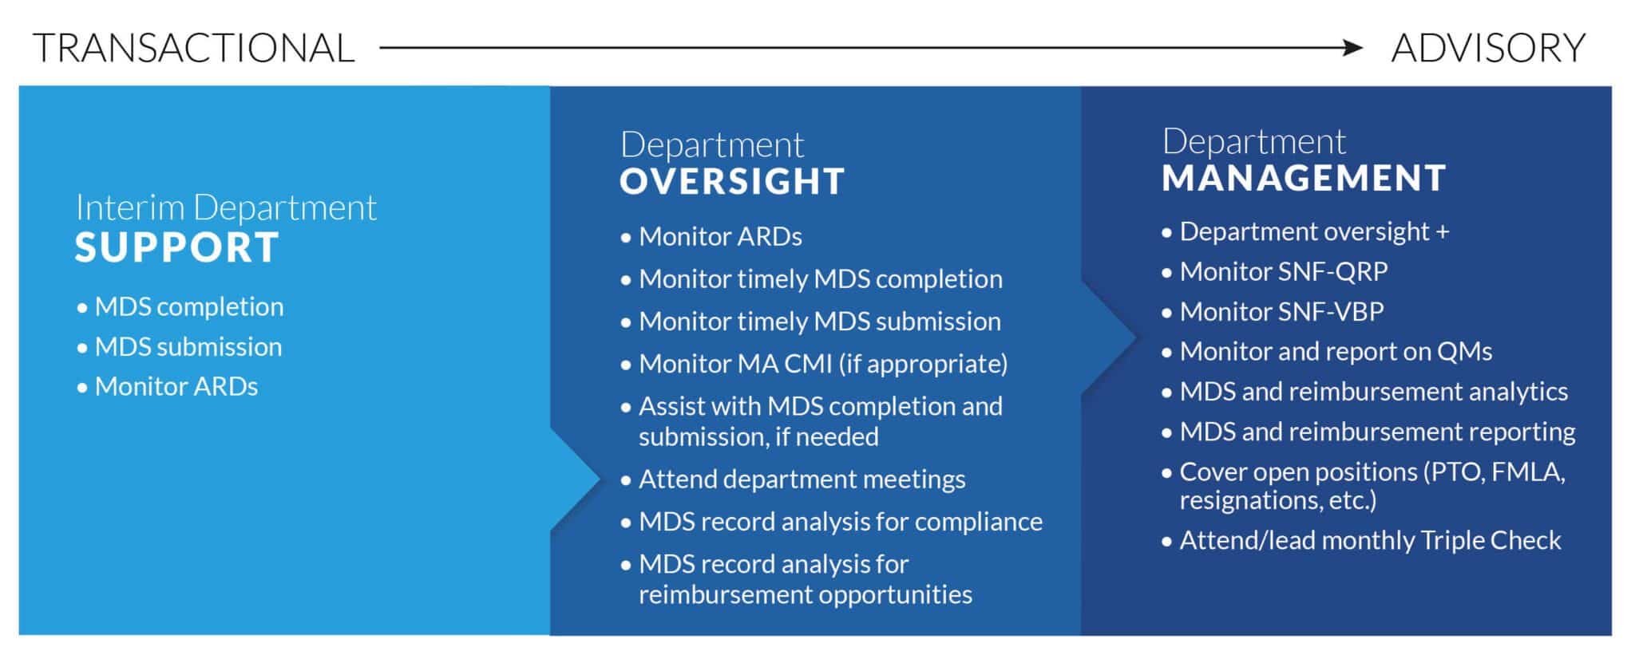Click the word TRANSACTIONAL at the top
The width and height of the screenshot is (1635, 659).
click(x=194, y=48)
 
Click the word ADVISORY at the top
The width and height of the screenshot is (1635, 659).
click(x=1488, y=48)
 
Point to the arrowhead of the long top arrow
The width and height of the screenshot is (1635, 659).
click(x=1354, y=48)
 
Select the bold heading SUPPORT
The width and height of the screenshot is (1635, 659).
click(x=177, y=247)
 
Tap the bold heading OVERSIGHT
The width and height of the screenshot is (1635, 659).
click(x=732, y=181)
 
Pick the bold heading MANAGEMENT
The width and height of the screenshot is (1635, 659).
click(x=1304, y=177)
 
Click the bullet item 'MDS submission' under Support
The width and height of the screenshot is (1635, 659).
click(x=188, y=346)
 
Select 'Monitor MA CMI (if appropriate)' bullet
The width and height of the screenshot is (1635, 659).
click(x=822, y=364)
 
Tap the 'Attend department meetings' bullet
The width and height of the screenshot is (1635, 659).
click(x=802, y=479)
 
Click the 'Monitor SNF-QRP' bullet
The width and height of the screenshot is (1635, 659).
click(x=1283, y=271)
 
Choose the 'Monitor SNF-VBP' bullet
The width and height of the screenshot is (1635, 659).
click(x=1281, y=311)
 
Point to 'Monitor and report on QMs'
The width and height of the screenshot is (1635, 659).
click(x=1336, y=351)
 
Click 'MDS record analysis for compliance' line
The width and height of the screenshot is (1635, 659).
click(x=840, y=521)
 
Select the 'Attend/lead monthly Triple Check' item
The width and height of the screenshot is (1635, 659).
click(x=1370, y=540)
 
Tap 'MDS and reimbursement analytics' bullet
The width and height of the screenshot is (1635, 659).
click(x=1373, y=391)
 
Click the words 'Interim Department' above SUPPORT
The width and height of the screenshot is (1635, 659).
click(x=226, y=207)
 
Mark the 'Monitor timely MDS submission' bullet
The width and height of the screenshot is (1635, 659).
click(x=819, y=321)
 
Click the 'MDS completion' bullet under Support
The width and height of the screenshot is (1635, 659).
click(x=188, y=306)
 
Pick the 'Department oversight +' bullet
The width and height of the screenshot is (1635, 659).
click(x=1313, y=231)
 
